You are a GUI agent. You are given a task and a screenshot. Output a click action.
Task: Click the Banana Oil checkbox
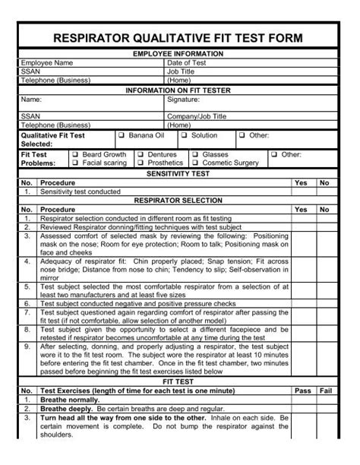122,135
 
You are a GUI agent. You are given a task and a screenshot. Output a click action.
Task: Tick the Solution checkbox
183,135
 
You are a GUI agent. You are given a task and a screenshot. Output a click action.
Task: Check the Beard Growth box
75,154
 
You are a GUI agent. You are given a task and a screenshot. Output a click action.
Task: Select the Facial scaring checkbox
75,163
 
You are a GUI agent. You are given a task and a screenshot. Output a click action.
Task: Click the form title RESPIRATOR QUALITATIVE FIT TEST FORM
179,38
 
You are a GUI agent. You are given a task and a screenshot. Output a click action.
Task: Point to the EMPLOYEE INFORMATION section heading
178,54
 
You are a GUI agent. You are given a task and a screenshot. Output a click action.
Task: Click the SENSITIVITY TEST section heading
178,174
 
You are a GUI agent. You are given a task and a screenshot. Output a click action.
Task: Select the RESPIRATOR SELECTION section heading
178,201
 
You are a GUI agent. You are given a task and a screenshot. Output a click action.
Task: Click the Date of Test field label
187,63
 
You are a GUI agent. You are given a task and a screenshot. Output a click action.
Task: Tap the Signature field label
183,100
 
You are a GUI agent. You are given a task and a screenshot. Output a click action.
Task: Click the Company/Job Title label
196,117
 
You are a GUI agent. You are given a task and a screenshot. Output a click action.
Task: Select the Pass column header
302,391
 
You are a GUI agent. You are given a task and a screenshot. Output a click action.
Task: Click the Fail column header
325,391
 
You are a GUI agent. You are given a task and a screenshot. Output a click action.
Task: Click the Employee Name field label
47,63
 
